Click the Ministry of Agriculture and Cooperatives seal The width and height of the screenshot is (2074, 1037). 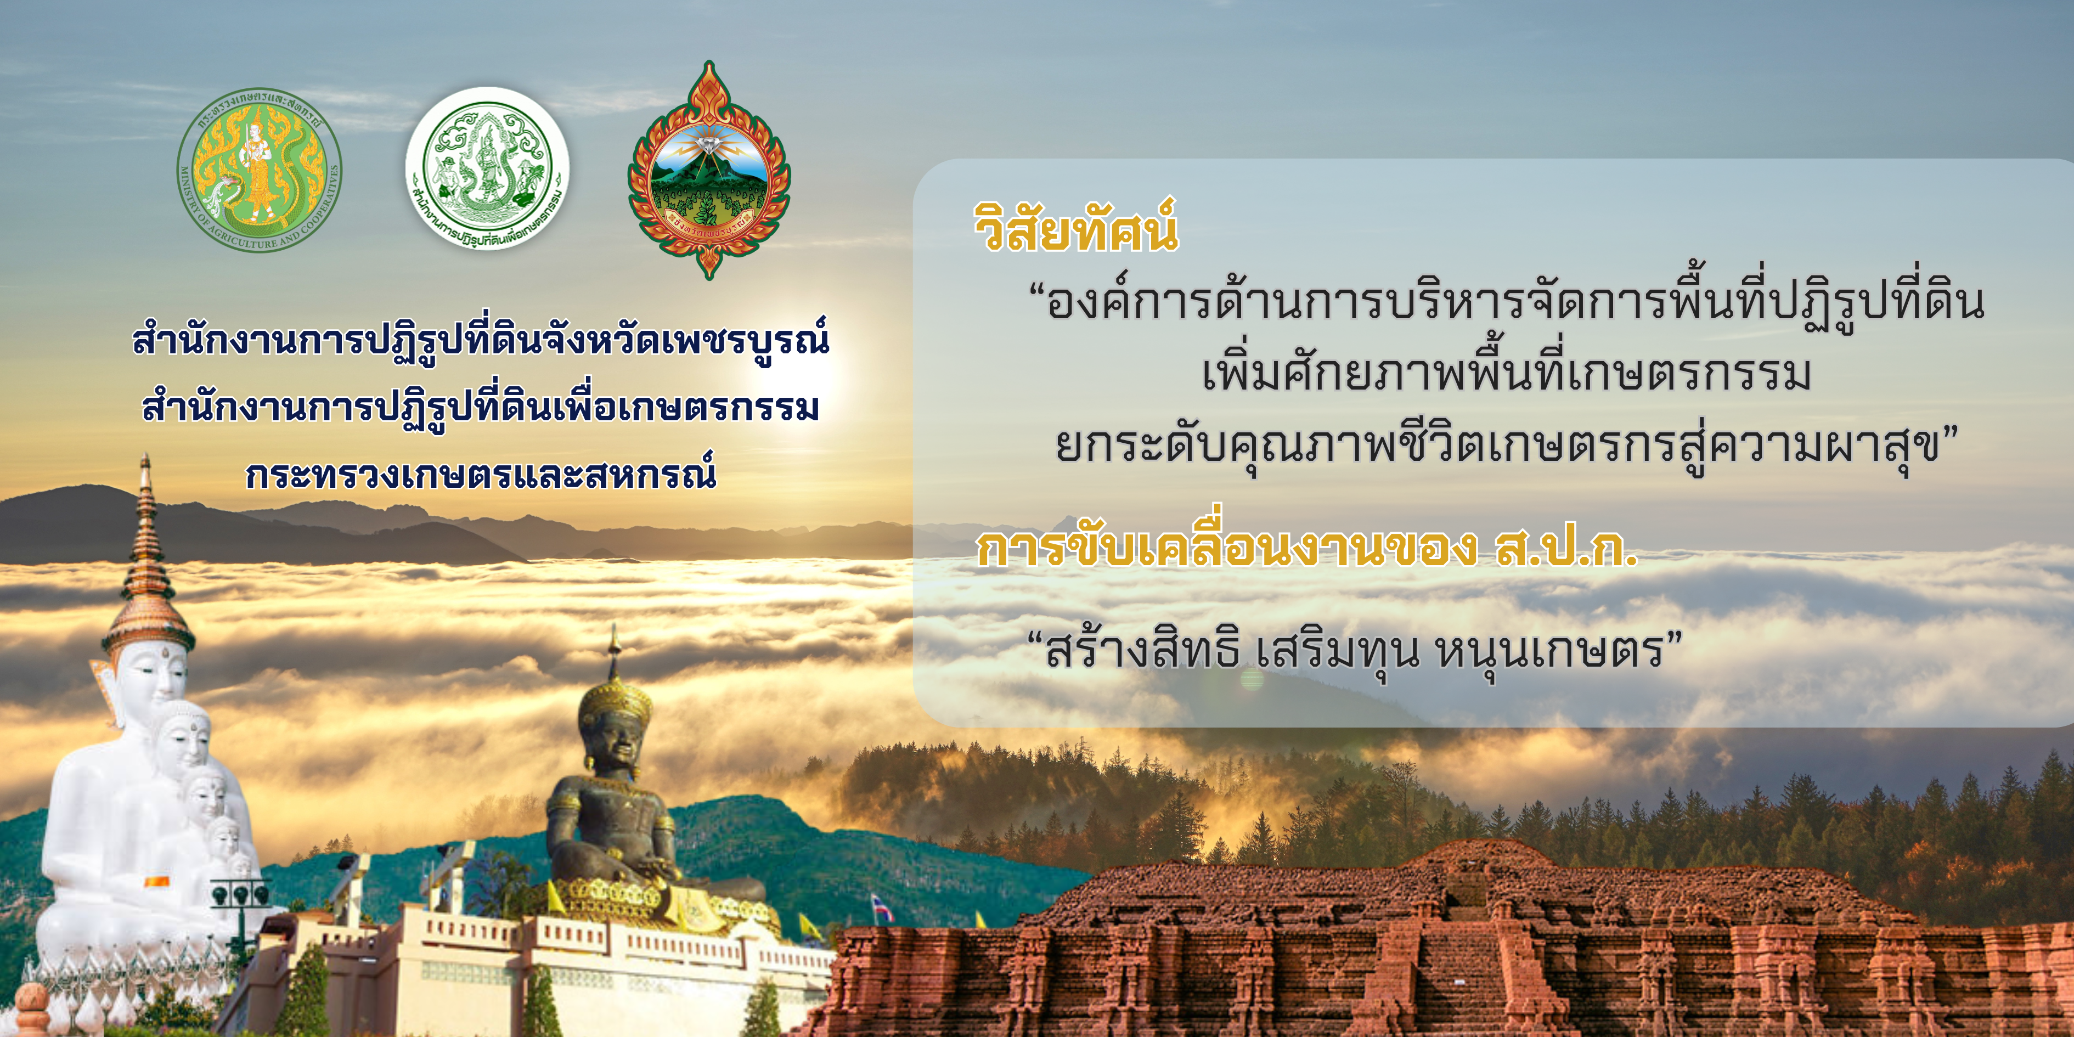(259, 170)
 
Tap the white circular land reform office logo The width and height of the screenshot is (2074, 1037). (488, 168)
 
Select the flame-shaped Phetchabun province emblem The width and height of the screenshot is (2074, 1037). (708, 170)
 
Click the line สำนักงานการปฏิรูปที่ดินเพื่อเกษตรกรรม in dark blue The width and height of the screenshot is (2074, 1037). (481, 409)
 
